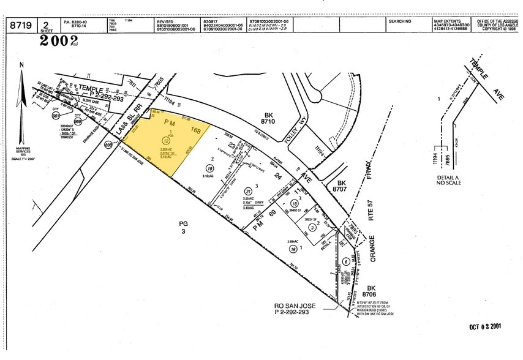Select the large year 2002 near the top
point(59,41)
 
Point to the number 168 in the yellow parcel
point(195,129)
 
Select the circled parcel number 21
point(249,190)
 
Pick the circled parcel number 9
point(312,228)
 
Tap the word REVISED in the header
point(167,21)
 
